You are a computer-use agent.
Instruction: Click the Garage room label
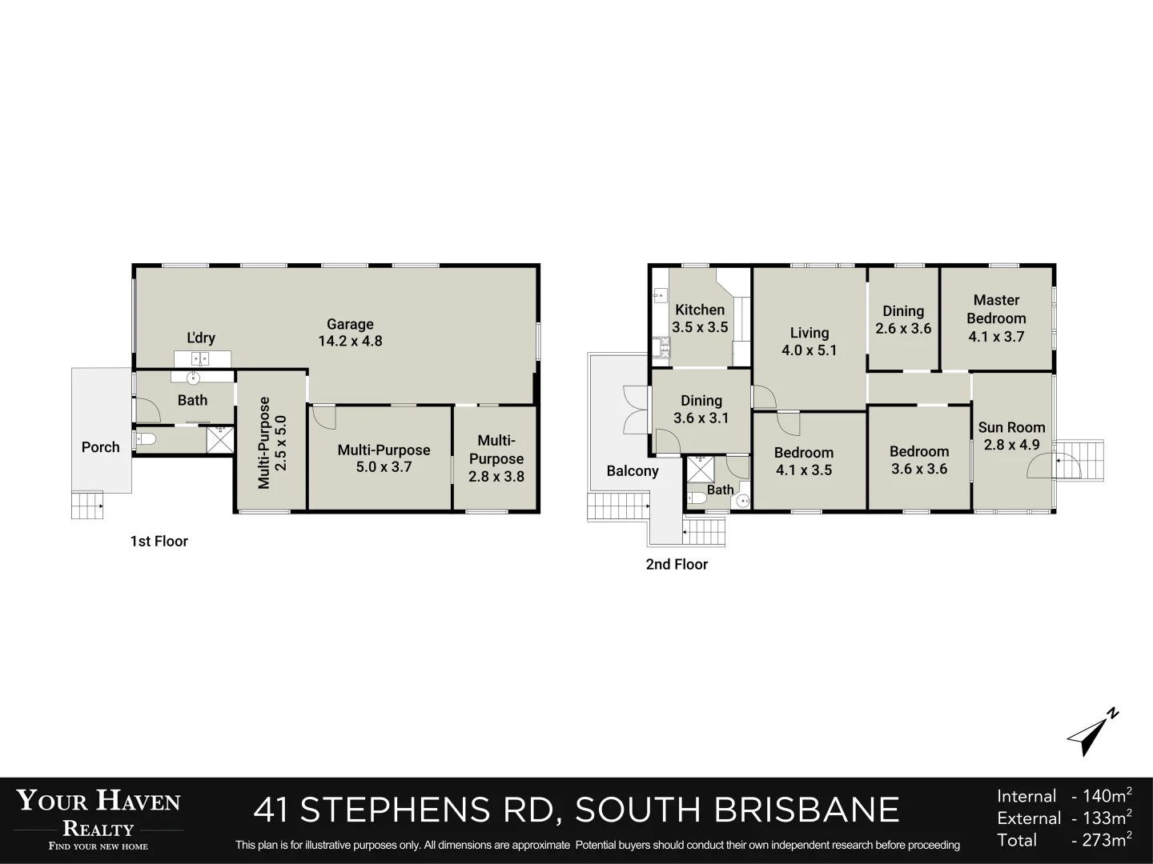[x=350, y=332]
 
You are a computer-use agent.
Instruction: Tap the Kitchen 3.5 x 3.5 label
[x=700, y=318]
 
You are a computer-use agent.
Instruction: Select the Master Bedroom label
[x=996, y=318]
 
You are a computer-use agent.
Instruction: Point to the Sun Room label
[x=1011, y=436]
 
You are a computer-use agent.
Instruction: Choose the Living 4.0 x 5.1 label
[x=809, y=342]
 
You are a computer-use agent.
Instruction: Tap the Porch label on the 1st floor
[x=100, y=447]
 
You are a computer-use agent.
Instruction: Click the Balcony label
[x=632, y=471]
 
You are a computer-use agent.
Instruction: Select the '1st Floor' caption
[x=159, y=542]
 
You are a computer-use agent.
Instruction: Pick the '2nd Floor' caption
[x=677, y=565]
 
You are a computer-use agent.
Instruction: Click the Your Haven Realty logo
[x=98, y=818]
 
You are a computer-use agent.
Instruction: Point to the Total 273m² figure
[x=1064, y=840]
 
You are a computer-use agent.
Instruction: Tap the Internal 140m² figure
[x=1064, y=796]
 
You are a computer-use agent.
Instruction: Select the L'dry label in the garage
[x=201, y=338]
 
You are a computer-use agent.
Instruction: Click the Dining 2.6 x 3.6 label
[x=903, y=320]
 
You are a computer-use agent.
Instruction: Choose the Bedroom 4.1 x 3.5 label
[x=803, y=462]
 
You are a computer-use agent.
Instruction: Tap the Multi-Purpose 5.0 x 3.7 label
[x=384, y=458]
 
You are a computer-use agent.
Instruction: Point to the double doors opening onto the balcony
[x=634, y=410]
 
